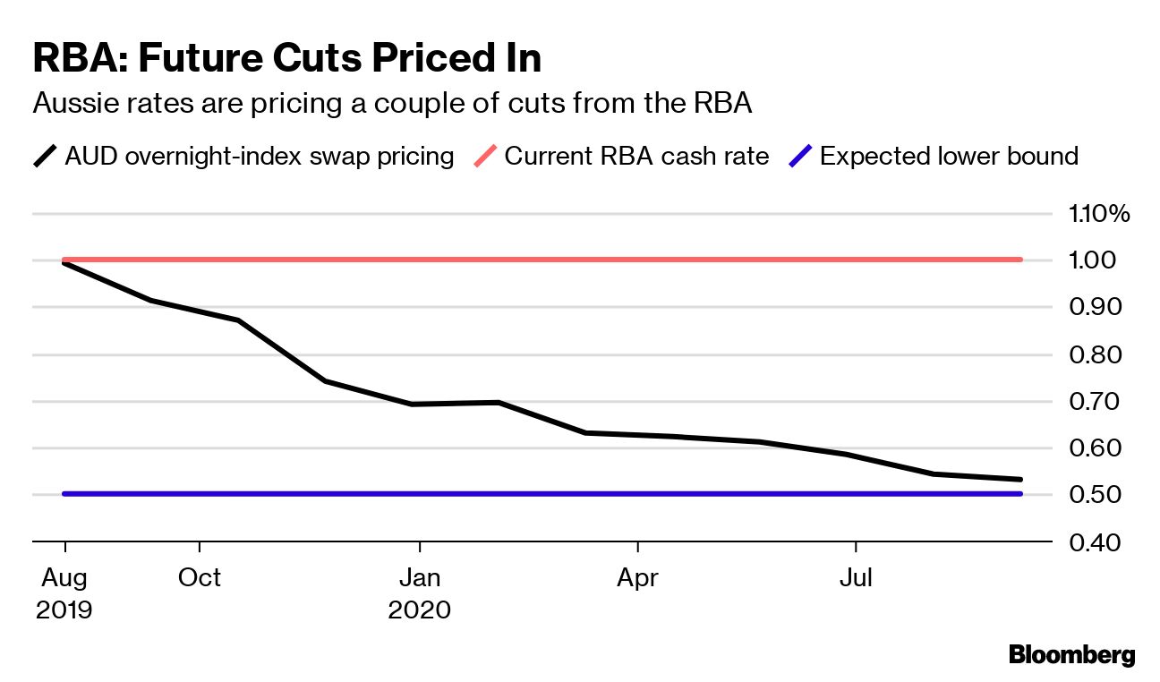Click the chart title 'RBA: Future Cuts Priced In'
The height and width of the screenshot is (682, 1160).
point(286,58)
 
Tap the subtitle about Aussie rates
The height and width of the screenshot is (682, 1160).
point(392,104)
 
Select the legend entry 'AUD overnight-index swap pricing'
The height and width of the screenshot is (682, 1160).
point(259,157)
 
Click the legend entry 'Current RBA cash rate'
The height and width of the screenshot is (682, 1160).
point(636,157)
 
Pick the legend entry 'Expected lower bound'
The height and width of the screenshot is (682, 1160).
point(949,157)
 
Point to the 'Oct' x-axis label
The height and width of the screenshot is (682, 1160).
point(200,578)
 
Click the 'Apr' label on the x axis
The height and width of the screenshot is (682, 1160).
point(637,578)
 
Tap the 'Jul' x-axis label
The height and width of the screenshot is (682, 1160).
point(857,578)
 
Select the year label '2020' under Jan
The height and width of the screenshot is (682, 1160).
point(420,610)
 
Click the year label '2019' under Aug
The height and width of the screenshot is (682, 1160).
point(64,610)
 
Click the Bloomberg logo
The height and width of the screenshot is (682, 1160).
point(1071,655)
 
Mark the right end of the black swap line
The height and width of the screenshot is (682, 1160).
point(1020,480)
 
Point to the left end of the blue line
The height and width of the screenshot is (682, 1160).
point(64,494)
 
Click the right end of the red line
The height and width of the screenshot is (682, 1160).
point(1020,260)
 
